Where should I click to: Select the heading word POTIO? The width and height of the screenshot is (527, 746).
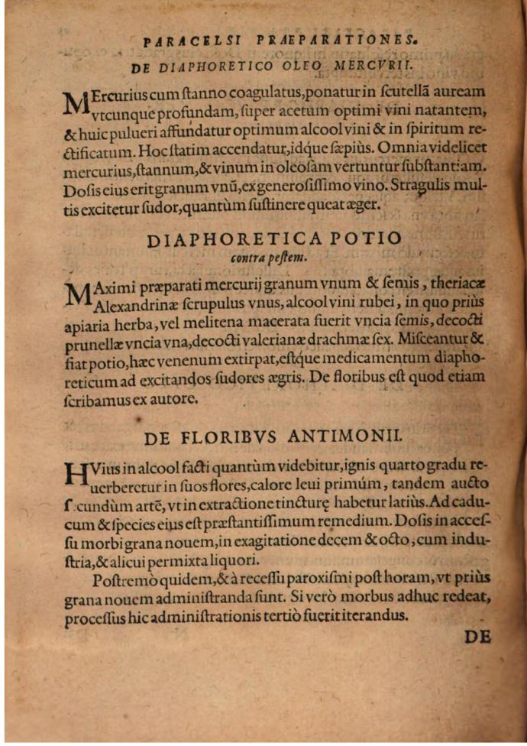point(368,239)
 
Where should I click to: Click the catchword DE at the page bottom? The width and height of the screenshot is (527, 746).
point(477,637)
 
